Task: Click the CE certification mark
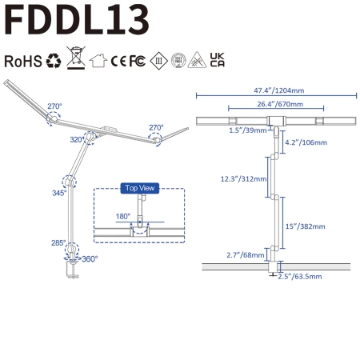119,60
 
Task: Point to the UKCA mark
217,60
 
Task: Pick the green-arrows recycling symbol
54,60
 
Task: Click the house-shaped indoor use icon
98,60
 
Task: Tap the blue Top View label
139,188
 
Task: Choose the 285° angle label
58,242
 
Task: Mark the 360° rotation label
89,259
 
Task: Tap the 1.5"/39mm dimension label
248,130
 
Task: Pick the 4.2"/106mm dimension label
304,144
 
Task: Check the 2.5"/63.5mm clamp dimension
299,276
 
